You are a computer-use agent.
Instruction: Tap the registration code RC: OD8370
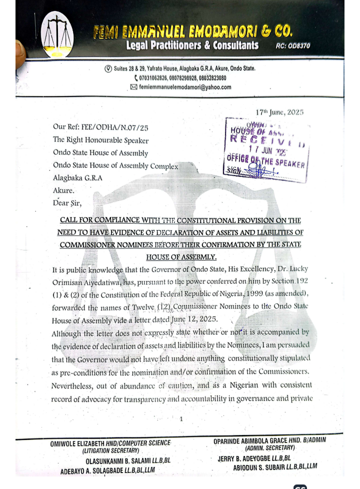pyautogui.click(x=293, y=46)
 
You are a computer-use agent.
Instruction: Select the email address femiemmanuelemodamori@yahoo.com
pyautogui.click(x=185, y=87)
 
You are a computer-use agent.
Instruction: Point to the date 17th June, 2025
pyautogui.click(x=279, y=112)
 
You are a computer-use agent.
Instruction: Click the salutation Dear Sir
pyautogui.click(x=67, y=203)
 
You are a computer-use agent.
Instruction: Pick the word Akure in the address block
pyautogui.click(x=63, y=190)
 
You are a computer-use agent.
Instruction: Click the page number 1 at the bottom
pyautogui.click(x=181, y=419)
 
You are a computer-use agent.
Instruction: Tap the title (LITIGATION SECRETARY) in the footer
pyautogui.click(x=110, y=450)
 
